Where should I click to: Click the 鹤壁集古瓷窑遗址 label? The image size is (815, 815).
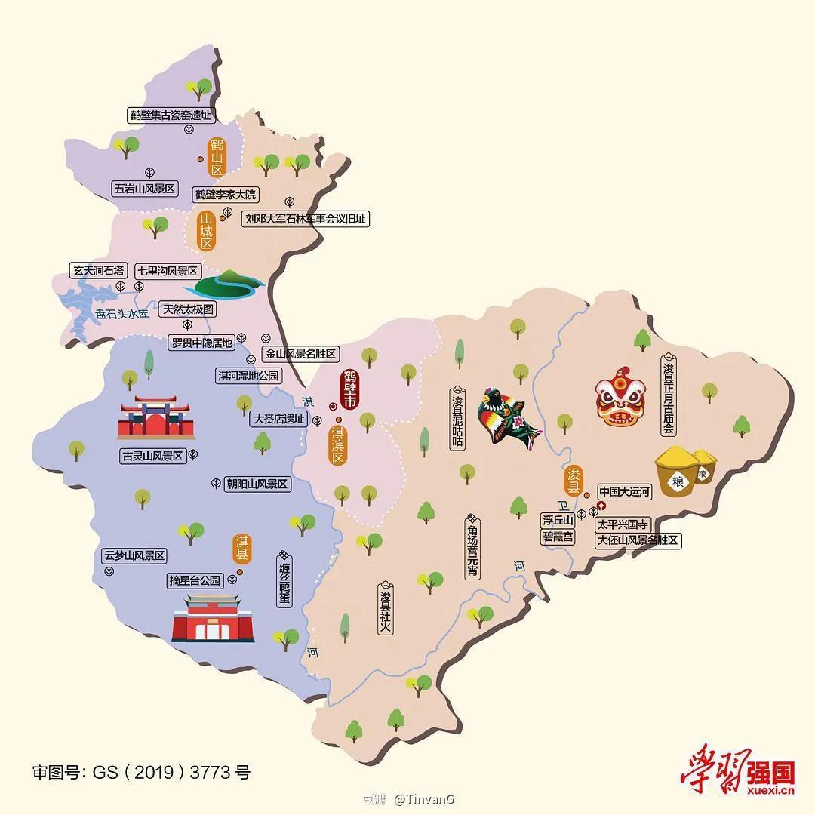171,115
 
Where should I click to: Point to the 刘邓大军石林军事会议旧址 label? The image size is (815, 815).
306,219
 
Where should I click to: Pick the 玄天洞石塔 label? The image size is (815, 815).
97,270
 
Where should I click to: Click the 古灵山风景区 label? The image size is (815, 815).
152,456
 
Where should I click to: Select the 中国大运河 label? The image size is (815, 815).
624,492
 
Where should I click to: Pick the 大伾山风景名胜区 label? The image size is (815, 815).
638,540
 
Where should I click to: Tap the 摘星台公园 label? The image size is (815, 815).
195,580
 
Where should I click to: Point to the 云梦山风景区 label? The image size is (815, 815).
134,555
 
